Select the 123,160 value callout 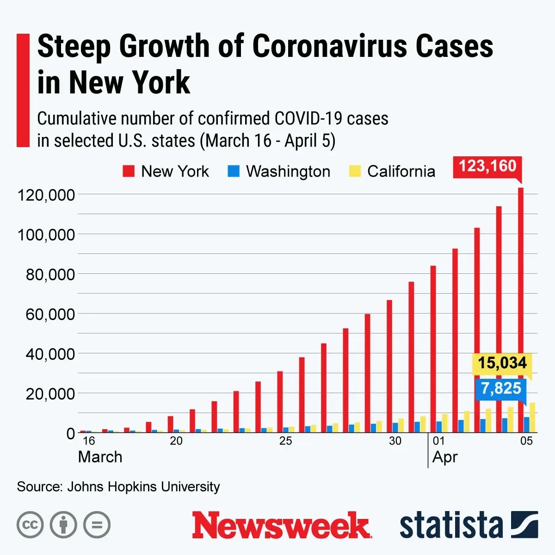[487, 166]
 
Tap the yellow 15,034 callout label [502, 363]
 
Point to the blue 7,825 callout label [501, 388]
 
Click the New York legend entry [166, 172]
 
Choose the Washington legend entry [279, 172]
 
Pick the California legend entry [392, 172]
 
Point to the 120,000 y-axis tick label [46, 195]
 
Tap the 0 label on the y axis [70, 434]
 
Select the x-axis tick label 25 [285, 441]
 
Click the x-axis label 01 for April [438, 441]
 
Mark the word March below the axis [100, 457]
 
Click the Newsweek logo [282, 525]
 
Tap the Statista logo [468, 525]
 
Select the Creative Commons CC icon [30, 525]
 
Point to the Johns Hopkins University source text [143, 487]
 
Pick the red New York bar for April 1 [433, 349]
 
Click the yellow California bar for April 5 [532, 418]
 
